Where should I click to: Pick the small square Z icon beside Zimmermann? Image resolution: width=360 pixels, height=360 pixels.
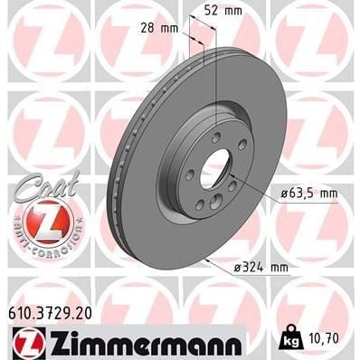coord(24,345)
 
